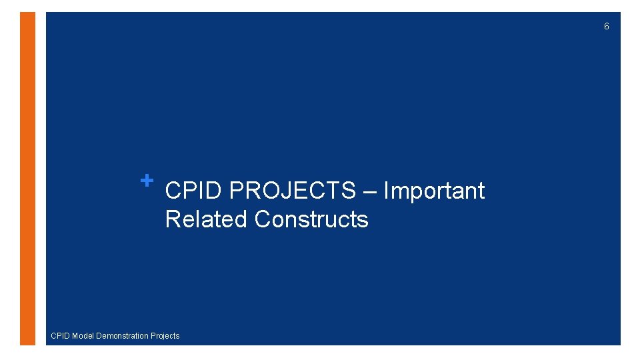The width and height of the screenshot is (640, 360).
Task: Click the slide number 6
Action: [606, 27]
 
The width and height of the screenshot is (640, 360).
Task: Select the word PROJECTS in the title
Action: [293, 191]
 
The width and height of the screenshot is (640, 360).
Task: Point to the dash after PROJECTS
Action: [370, 192]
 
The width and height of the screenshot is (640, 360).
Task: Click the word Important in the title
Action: [434, 191]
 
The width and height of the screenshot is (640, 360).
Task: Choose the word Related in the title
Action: [207, 219]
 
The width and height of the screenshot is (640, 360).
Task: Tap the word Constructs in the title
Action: [311, 219]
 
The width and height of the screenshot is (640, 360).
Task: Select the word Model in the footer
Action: [83, 336]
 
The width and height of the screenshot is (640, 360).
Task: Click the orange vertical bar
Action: [27, 179]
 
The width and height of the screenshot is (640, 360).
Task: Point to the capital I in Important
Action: [386, 191]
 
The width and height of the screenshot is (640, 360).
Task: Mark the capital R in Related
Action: [172, 219]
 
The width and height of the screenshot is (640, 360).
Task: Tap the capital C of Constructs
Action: [262, 219]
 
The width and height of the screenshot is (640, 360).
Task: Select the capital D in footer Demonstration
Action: [99, 336]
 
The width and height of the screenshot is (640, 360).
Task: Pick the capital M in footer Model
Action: [75, 336]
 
